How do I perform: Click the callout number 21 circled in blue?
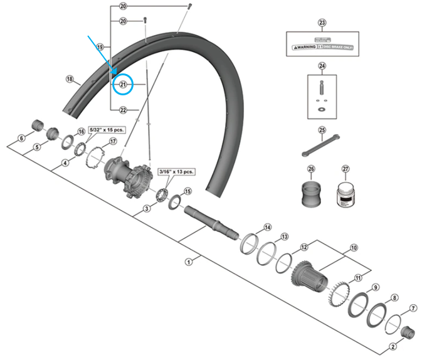pyautogui.click(x=123, y=85)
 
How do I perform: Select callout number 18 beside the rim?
pyautogui.click(x=70, y=79)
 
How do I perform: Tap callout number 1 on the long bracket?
pyautogui.click(x=187, y=262)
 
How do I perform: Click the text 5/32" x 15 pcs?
pyautogui.click(x=107, y=129)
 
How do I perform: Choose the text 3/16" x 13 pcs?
pyautogui.click(x=177, y=171)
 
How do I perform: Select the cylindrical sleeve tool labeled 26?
pyautogui.click(x=311, y=194)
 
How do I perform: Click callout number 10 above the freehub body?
pyautogui.click(x=353, y=248)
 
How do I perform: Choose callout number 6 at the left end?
pyautogui.click(x=21, y=139)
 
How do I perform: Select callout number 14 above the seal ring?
pyautogui.click(x=267, y=227)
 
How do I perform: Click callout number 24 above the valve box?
pyautogui.click(x=322, y=66)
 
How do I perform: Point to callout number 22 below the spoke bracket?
pyautogui.click(x=123, y=110)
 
